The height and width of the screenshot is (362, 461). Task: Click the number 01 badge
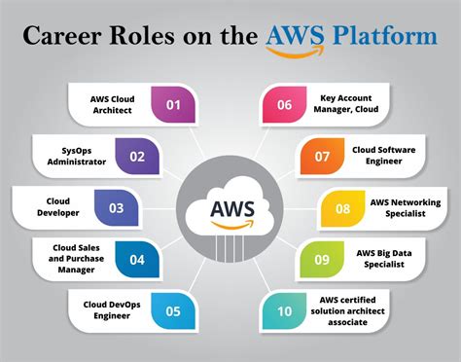click(174, 103)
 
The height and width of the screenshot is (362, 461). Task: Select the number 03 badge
click(116, 207)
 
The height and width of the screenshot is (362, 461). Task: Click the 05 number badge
click(174, 312)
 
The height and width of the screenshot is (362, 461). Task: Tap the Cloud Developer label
click(55, 207)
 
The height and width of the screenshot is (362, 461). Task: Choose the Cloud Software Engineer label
click(384, 155)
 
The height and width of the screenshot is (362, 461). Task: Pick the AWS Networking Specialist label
click(404, 207)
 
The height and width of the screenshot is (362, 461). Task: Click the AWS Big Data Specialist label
click(384, 259)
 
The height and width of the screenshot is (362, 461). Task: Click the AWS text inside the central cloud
click(230, 210)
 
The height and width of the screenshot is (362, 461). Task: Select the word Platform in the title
click(384, 37)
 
